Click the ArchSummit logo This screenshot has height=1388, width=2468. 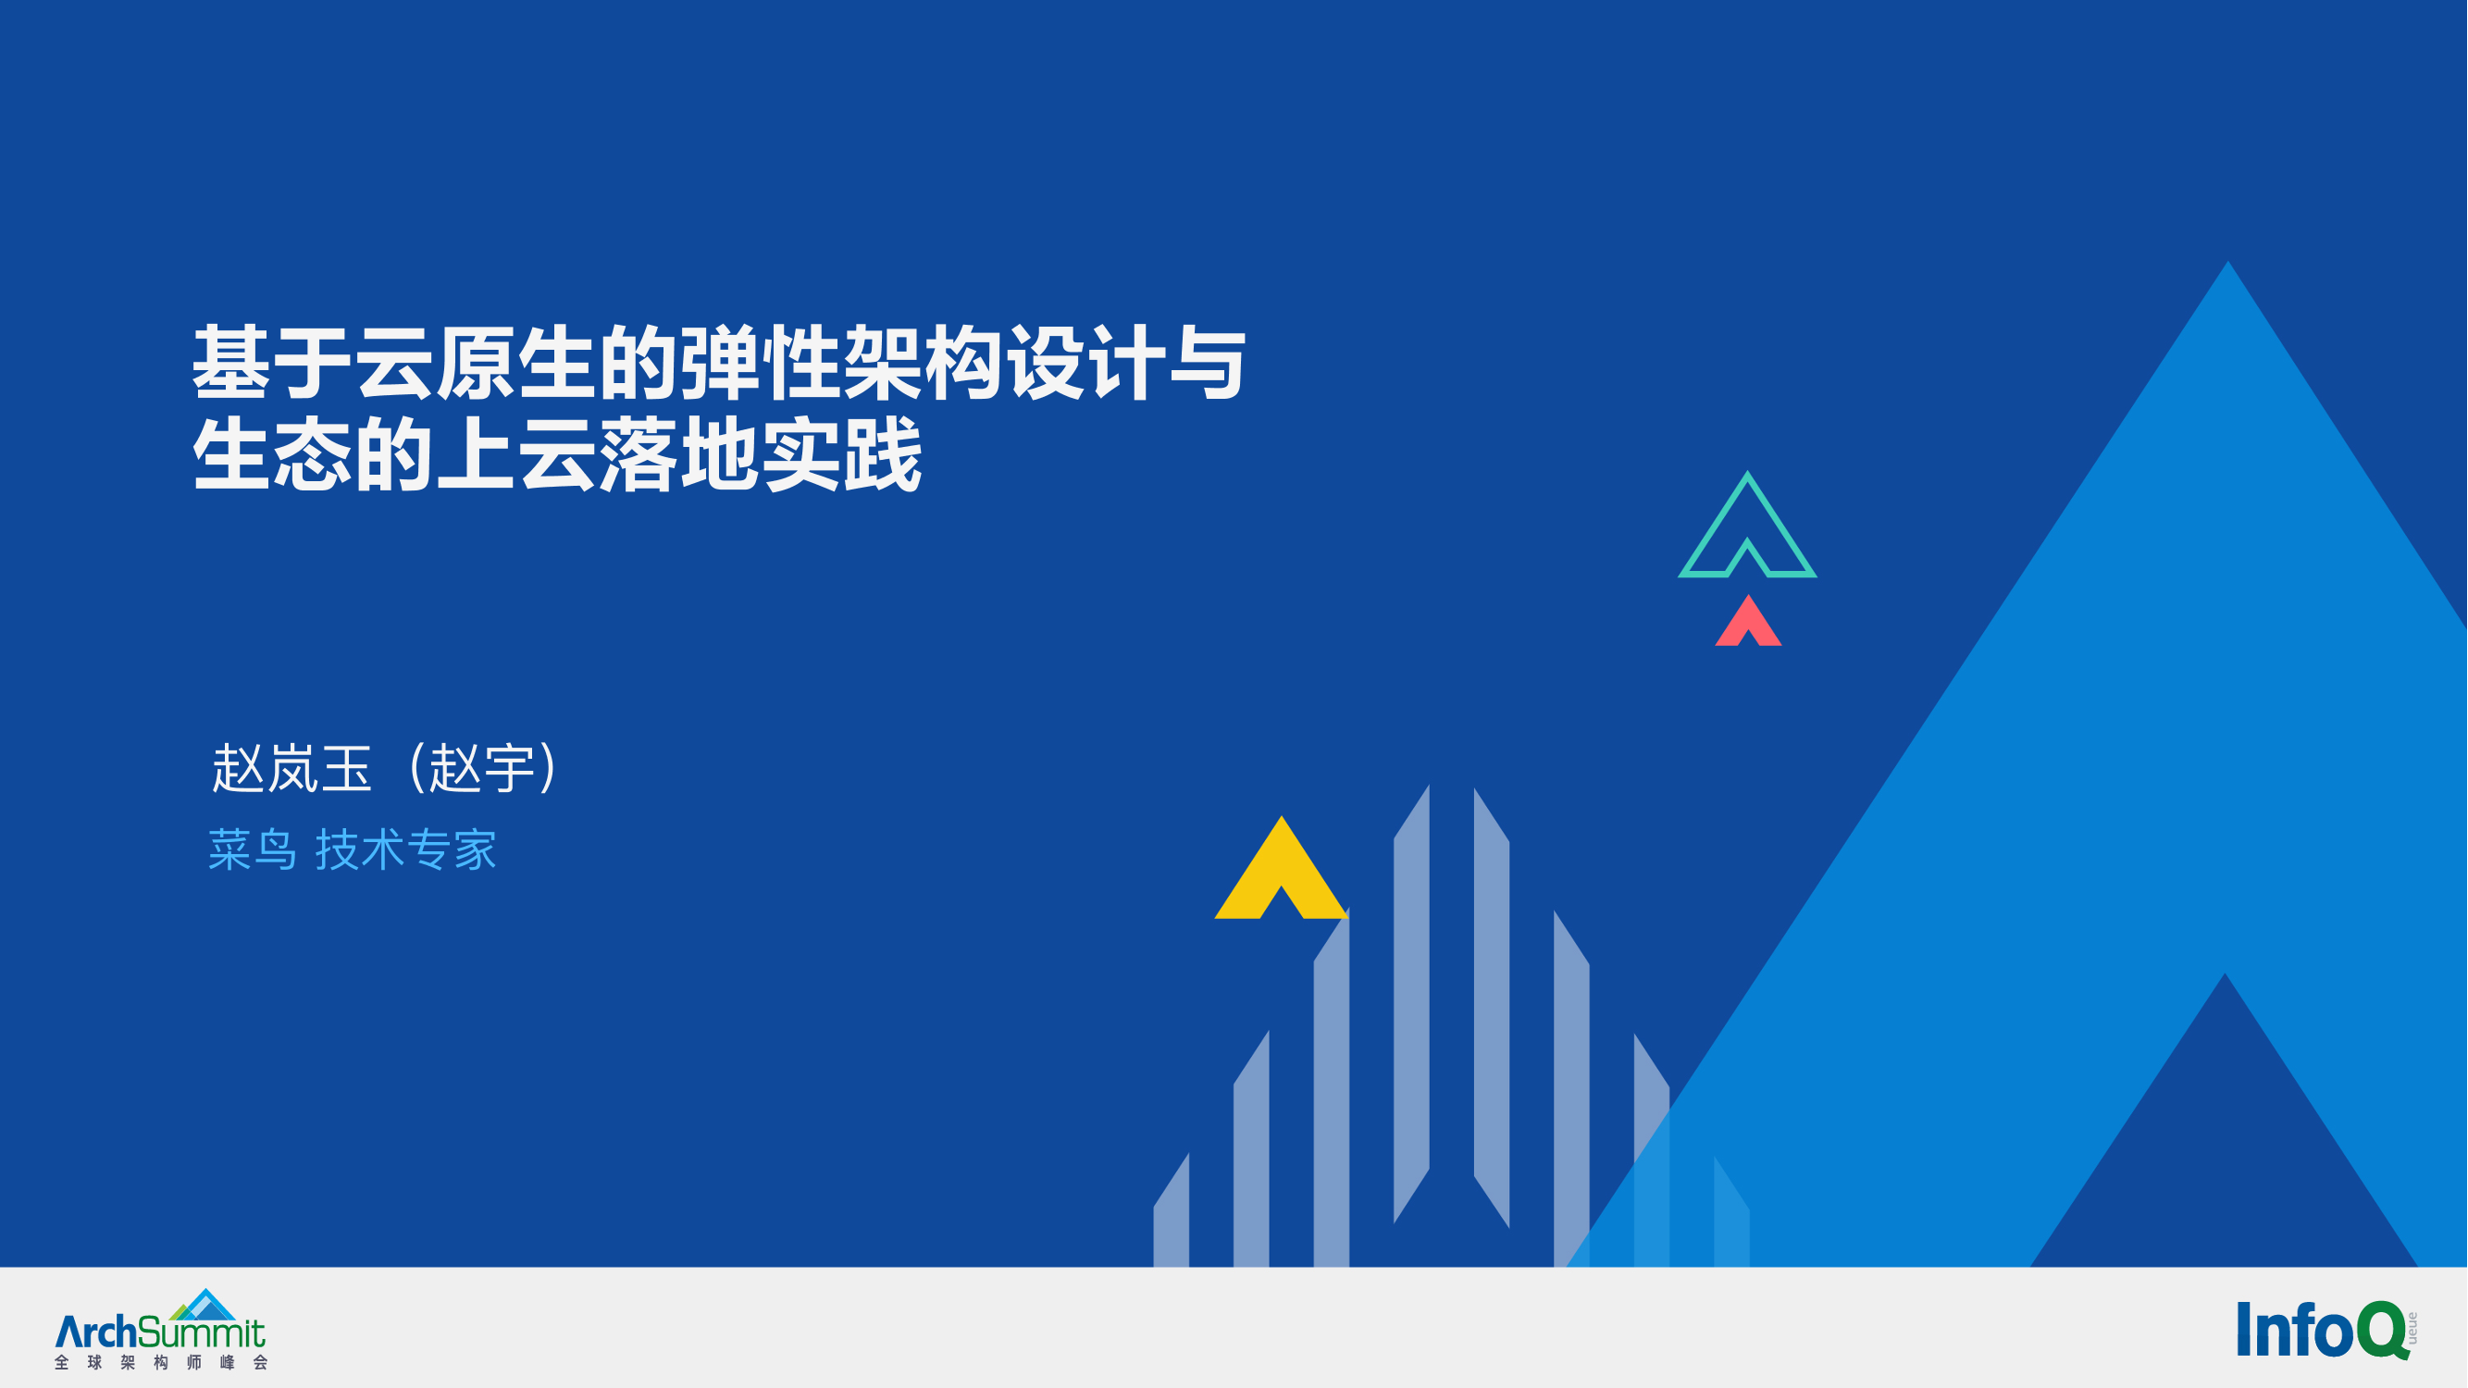pyautogui.click(x=160, y=1329)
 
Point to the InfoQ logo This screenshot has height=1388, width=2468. pyautogui.click(x=2327, y=1330)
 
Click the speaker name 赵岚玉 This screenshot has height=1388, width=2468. pyautogui.click(x=291, y=768)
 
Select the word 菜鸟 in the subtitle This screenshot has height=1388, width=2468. pyautogui.click(x=252, y=849)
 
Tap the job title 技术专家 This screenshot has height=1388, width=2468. pyautogui.click(x=406, y=849)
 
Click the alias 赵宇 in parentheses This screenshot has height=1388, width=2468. pyautogui.click(x=482, y=768)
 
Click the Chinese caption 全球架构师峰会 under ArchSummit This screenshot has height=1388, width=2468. pyautogui.click(x=161, y=1362)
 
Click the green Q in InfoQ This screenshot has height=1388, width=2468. pyautogui.click(x=2383, y=1330)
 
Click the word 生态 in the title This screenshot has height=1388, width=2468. pyautogui.click(x=272, y=454)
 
